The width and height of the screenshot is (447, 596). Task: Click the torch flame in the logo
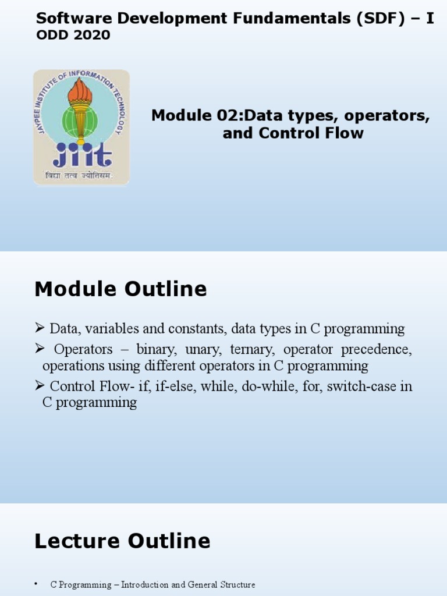80,90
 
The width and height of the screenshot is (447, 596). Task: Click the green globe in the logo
80,120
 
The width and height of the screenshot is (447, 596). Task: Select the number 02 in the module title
230,115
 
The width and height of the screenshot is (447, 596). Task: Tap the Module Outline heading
120,289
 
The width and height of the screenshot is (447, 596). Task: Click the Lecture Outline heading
122,541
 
